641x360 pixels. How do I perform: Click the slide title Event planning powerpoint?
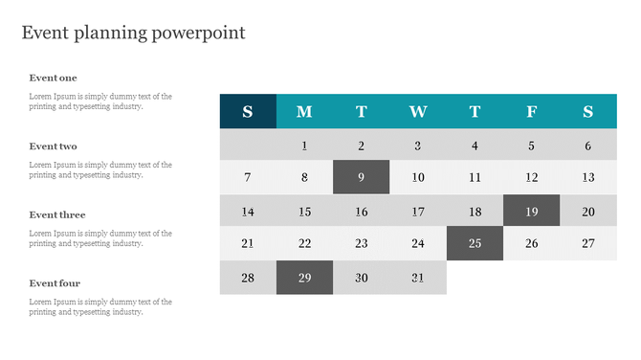click(x=133, y=33)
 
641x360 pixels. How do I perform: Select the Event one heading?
click(x=53, y=78)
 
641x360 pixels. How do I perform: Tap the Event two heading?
click(x=53, y=146)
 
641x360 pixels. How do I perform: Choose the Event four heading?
click(x=55, y=283)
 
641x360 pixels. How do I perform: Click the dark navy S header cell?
click(x=248, y=111)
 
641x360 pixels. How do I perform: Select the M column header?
click(x=304, y=111)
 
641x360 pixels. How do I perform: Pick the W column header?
click(x=418, y=111)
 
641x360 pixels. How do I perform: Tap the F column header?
click(x=532, y=111)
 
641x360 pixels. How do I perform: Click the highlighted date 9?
click(x=362, y=177)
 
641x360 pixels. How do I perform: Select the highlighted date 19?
click(x=532, y=212)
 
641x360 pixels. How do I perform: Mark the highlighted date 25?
click(x=475, y=243)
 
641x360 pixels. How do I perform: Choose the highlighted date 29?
click(x=304, y=278)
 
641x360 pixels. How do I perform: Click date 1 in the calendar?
click(x=304, y=146)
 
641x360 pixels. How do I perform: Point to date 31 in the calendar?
click(x=418, y=278)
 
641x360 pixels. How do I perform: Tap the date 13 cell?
click(x=588, y=177)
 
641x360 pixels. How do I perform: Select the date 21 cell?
click(x=248, y=243)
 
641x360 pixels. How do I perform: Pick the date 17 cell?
click(x=418, y=212)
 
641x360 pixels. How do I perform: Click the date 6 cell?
click(x=588, y=146)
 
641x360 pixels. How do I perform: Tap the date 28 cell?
click(x=248, y=278)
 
